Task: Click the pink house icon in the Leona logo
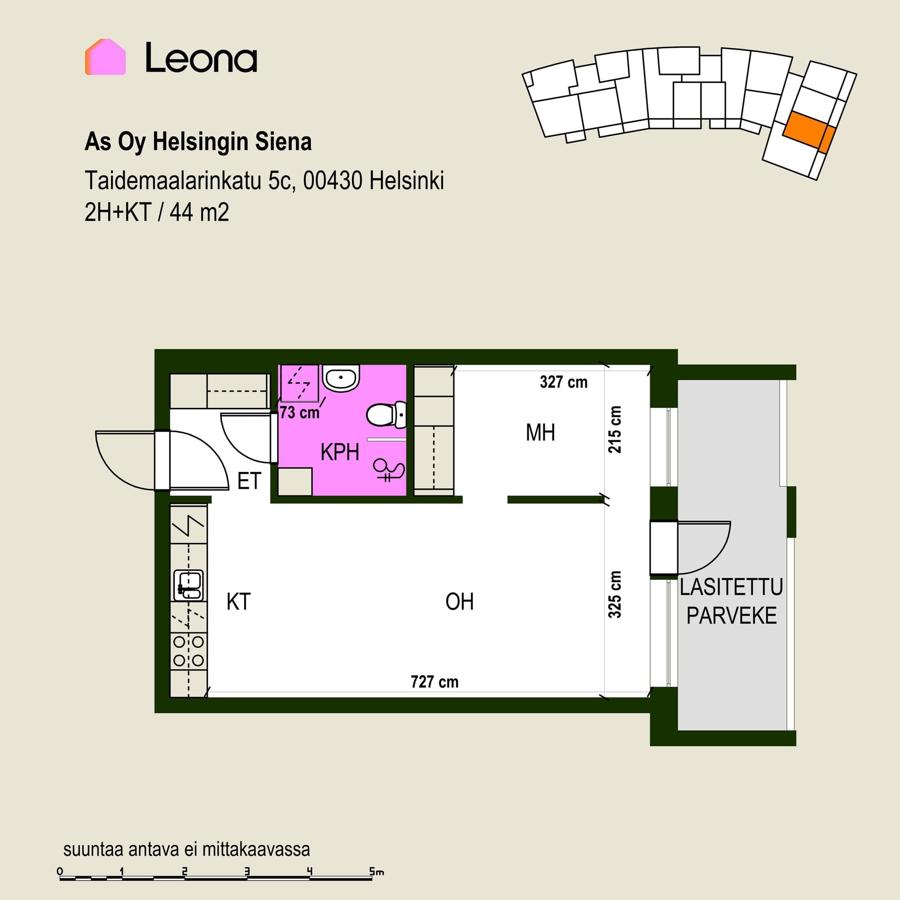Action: (105, 57)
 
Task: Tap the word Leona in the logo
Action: (201, 58)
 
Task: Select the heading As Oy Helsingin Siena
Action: (198, 142)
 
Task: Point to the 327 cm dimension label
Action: (563, 382)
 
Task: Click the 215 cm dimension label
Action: (615, 429)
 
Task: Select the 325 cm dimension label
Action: (615, 594)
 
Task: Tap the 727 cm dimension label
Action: (435, 682)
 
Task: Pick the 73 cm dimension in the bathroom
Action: (300, 412)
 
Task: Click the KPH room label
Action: (340, 452)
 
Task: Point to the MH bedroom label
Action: (540, 432)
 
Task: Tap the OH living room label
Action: (459, 601)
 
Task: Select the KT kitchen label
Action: (239, 601)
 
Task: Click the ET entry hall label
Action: (249, 481)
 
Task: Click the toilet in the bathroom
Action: (386, 415)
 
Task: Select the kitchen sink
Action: (188, 585)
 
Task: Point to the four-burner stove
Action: (188, 651)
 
